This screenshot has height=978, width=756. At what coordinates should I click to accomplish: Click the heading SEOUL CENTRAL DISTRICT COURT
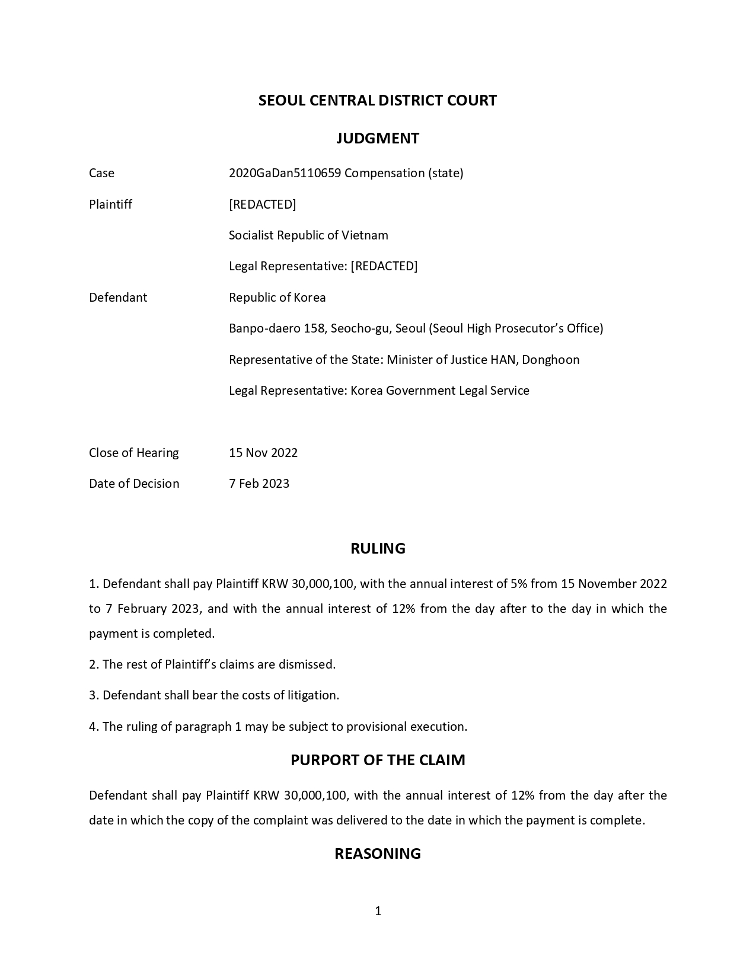(x=377, y=100)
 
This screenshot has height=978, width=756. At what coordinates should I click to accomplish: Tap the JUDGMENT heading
(x=378, y=138)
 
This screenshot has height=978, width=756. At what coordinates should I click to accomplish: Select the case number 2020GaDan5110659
(x=285, y=173)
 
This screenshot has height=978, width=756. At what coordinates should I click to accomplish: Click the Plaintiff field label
(x=110, y=204)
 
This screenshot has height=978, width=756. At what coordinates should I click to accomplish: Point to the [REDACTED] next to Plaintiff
(x=262, y=204)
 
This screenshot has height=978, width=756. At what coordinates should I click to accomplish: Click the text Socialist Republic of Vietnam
(x=308, y=235)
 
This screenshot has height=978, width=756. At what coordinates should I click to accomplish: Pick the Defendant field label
(x=117, y=298)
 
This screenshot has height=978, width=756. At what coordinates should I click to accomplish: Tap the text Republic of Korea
(x=277, y=298)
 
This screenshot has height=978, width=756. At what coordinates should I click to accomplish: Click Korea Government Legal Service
(x=439, y=391)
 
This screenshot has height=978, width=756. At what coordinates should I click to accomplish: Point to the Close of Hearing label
(x=133, y=453)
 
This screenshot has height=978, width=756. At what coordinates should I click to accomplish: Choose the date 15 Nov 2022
(x=263, y=453)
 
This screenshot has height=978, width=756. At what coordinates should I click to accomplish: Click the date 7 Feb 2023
(x=259, y=484)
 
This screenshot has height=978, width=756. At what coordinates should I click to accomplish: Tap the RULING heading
(x=378, y=548)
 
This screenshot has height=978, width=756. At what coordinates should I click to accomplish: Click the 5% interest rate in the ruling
(x=518, y=584)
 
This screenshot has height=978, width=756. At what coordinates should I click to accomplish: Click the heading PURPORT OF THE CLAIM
(x=378, y=760)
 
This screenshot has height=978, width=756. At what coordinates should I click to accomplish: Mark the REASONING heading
(x=378, y=854)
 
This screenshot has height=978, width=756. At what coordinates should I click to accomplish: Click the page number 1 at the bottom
(x=378, y=911)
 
